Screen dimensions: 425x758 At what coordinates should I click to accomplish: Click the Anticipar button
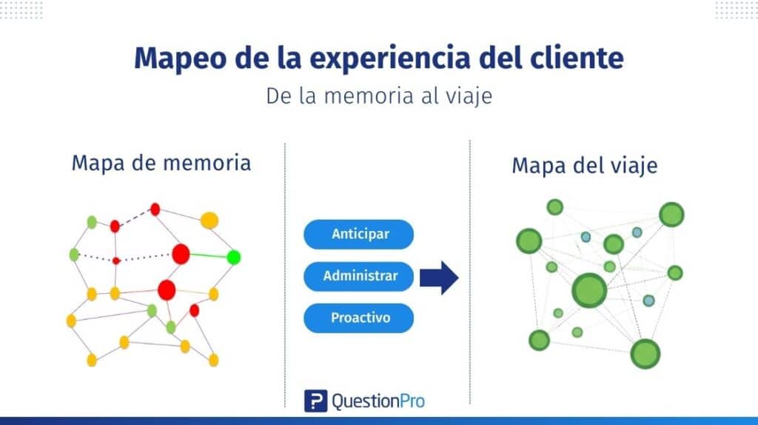point(359,235)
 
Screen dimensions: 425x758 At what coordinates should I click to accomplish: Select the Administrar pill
point(359,276)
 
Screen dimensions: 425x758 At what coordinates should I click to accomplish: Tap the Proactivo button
point(359,318)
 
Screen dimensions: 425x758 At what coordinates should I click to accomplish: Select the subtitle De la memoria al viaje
point(378,96)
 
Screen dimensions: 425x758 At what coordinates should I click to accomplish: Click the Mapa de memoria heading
point(161,162)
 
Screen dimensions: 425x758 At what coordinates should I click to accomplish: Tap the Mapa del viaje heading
point(584,165)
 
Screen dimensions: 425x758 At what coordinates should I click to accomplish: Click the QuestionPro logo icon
point(315,401)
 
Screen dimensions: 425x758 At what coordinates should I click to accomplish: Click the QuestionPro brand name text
point(378,401)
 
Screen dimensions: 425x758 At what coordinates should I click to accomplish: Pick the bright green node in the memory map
point(234,258)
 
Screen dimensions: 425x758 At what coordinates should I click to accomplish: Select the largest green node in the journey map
point(589,290)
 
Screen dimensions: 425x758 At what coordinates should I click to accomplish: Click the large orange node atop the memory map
point(209,220)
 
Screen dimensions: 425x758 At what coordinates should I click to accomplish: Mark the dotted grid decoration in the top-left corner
point(21,10)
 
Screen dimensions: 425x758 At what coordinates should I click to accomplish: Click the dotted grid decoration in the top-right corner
point(736,10)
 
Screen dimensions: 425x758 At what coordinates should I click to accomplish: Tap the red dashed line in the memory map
point(135,218)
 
